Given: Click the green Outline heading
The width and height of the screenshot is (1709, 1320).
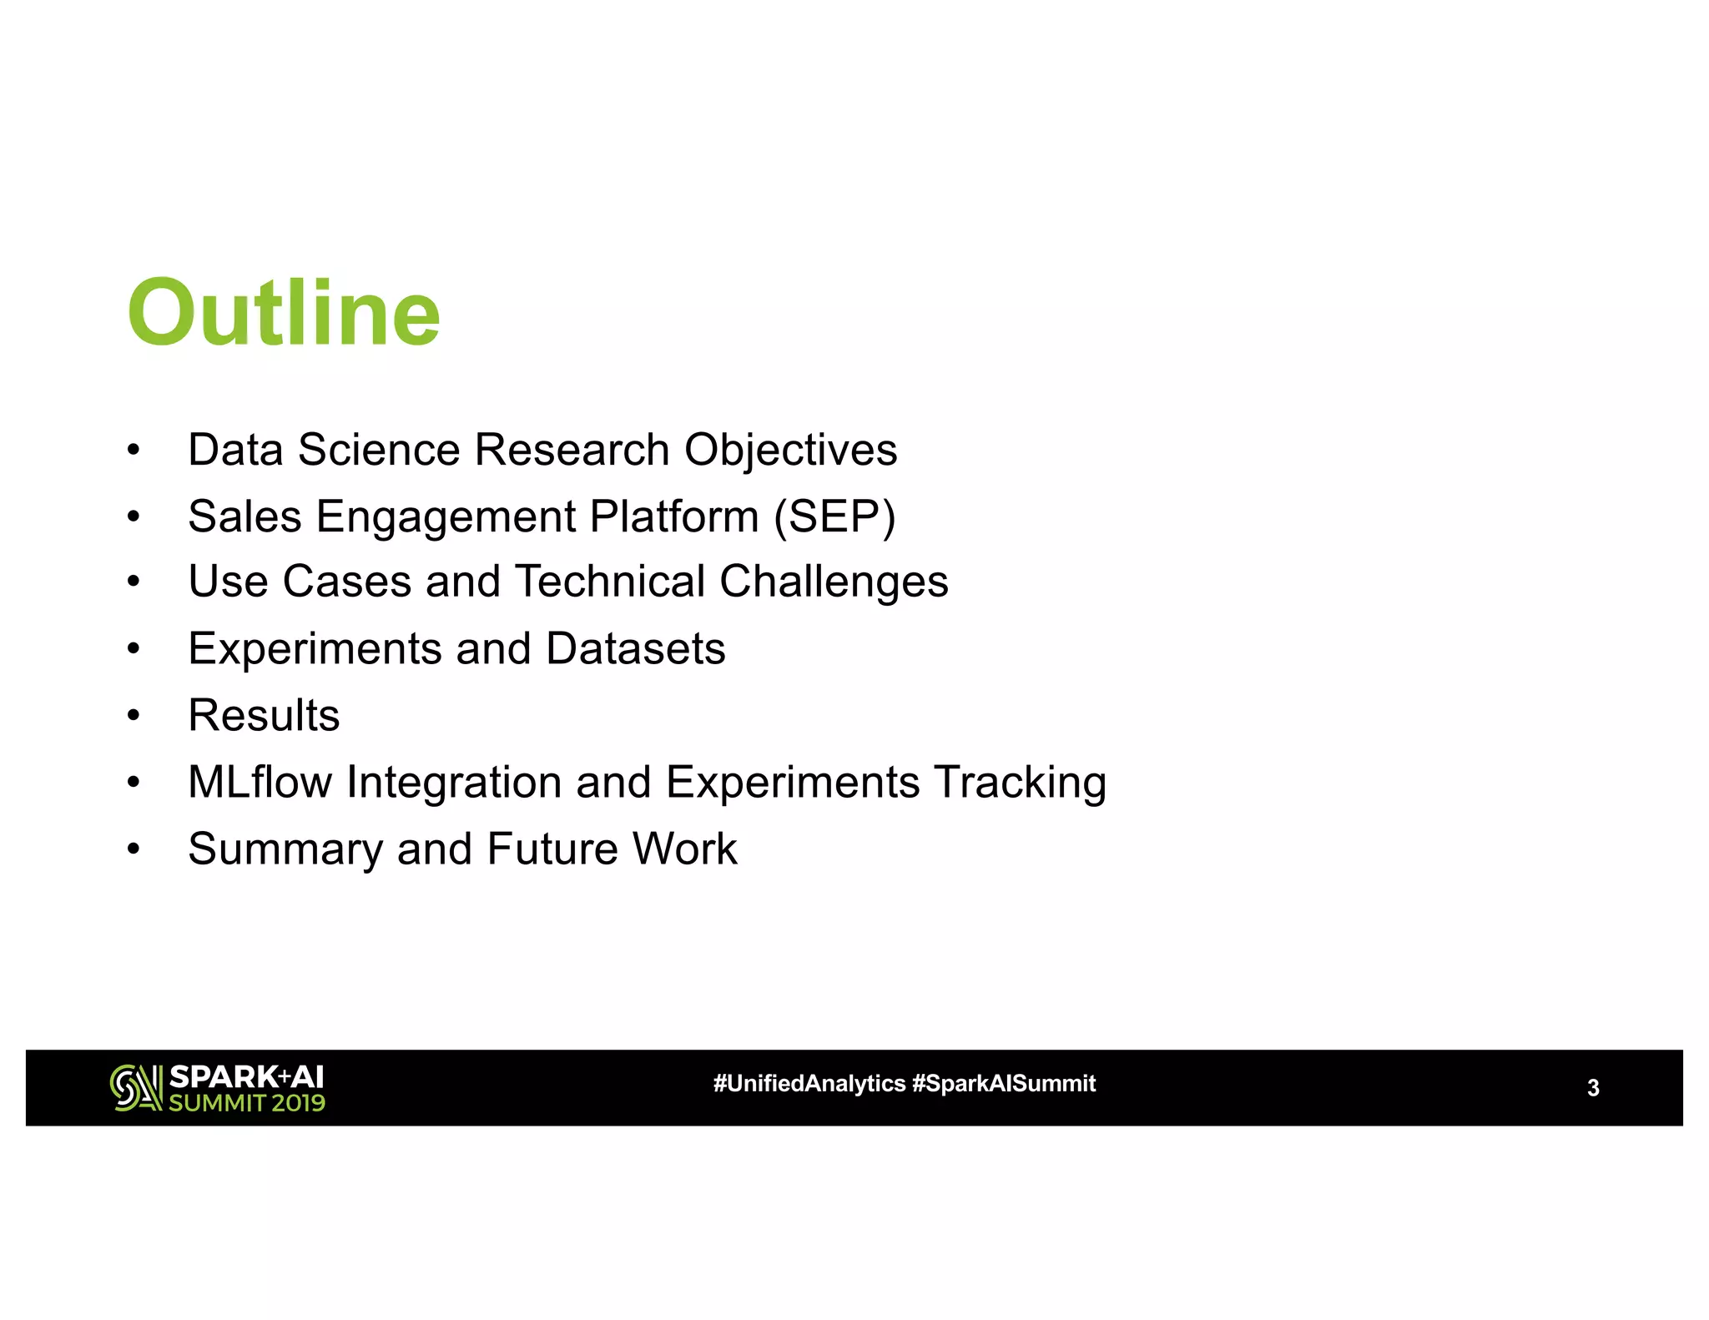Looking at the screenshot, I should point(284,313).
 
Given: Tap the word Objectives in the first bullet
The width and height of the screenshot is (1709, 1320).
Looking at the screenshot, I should point(790,451).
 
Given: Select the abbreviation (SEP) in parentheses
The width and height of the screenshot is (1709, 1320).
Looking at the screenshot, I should point(834,516).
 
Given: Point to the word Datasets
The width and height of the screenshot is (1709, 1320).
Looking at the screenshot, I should point(635,649).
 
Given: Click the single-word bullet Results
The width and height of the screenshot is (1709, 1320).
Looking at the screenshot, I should point(264,716).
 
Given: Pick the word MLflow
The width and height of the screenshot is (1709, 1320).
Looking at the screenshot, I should point(260,783).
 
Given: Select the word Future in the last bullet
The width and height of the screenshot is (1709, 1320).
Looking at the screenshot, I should point(552,849).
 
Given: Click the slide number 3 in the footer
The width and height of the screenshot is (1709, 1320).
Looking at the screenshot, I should point(1592,1088).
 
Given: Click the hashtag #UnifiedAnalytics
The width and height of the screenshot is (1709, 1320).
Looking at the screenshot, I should point(809,1084).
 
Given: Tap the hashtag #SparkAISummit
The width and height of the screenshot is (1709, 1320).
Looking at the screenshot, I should point(1004,1084).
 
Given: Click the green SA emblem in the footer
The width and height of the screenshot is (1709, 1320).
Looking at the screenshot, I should point(135,1088).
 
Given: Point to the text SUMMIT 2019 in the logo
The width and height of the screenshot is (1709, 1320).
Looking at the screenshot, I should point(247,1103).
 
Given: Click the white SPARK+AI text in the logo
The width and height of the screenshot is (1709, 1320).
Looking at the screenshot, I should point(246,1076).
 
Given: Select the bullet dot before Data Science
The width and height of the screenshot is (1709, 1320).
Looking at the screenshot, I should point(134,451).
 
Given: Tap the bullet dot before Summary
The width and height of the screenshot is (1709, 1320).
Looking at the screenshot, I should point(134,849).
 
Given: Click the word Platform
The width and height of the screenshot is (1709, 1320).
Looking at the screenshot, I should point(673,516).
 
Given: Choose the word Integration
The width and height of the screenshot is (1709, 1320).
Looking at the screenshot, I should point(454,783).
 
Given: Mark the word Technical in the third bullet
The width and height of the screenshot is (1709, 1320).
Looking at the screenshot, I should point(609,582).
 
